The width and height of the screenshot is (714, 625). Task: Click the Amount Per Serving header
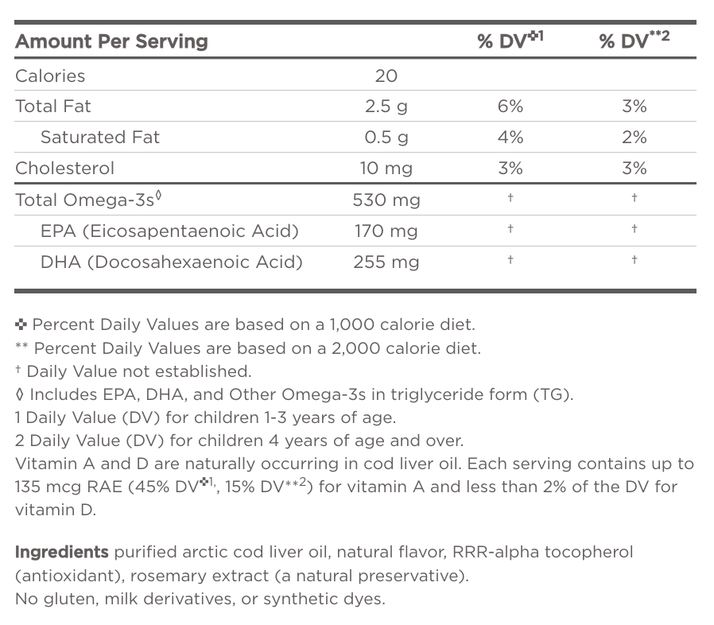click(111, 42)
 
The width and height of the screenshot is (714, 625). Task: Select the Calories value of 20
click(386, 76)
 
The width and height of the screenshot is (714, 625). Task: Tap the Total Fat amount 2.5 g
click(386, 107)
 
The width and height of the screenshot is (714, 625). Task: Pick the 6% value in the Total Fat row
click(510, 107)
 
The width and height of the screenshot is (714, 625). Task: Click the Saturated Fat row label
click(100, 138)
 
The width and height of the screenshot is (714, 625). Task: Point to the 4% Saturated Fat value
click(510, 138)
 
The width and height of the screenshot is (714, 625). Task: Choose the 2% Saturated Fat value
click(634, 138)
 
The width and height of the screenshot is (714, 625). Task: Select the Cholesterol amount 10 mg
click(386, 169)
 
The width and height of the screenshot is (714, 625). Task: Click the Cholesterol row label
click(64, 169)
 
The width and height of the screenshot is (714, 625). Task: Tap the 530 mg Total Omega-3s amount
click(386, 200)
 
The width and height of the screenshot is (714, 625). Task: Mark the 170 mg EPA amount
click(386, 231)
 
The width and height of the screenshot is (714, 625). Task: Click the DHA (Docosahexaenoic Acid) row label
click(172, 262)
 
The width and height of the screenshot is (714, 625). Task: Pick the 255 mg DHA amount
click(386, 262)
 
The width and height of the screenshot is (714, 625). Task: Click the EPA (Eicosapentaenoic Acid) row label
click(169, 231)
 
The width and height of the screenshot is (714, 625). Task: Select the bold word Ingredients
click(61, 552)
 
